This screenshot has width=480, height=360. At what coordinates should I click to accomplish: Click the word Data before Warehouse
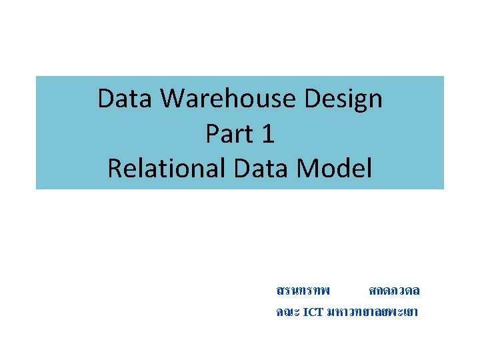click(x=126, y=99)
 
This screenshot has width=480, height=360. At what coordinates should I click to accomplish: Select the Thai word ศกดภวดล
click(x=394, y=291)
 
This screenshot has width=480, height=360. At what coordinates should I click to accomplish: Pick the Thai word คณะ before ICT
click(x=287, y=312)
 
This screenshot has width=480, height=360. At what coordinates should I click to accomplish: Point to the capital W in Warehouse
click(x=174, y=99)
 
